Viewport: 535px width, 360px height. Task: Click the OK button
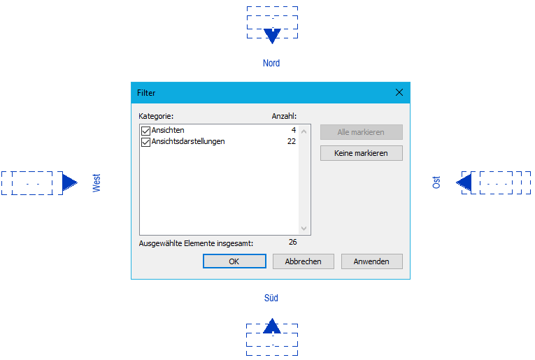point(234,261)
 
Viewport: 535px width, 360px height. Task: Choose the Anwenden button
point(371,261)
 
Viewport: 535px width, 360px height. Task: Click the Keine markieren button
point(361,153)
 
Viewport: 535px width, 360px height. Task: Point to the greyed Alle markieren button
point(361,132)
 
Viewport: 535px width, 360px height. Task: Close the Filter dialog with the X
point(399,92)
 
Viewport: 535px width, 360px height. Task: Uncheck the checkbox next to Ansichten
point(145,131)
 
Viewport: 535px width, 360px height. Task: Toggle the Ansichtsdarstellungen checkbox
point(145,142)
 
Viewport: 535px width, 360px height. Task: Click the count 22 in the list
point(292,141)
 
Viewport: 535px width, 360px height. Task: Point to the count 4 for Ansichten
point(294,130)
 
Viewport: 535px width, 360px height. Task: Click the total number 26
point(293,242)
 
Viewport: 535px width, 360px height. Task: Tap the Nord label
point(271,63)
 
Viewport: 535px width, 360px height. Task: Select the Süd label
point(271,298)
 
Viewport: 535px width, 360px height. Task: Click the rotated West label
point(97,183)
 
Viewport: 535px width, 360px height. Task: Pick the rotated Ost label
point(436,182)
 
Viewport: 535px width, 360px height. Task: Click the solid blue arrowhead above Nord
point(272,36)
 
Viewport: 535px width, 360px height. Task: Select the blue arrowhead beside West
point(70,182)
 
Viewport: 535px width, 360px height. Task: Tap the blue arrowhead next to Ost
point(464,182)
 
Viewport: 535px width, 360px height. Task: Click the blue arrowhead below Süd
point(272,326)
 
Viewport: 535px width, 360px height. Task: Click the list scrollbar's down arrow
point(304,229)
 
